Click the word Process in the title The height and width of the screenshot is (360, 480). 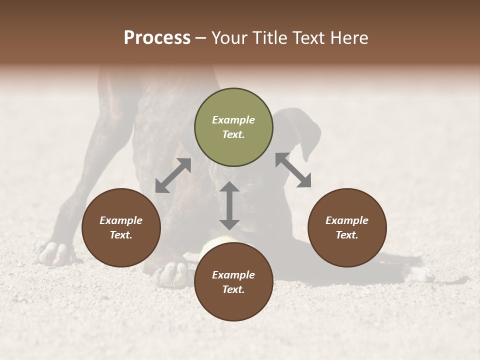pyautogui.click(x=157, y=38)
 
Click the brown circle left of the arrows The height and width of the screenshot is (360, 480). pyautogui.click(x=121, y=227)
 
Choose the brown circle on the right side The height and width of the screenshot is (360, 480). pyautogui.click(x=347, y=227)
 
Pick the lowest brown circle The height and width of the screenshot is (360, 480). pyautogui.click(x=233, y=282)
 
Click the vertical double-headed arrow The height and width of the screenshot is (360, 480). pyautogui.click(x=229, y=205)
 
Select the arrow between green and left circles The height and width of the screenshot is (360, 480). pyautogui.click(x=173, y=175)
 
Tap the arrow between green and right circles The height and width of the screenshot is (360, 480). pyautogui.click(x=293, y=170)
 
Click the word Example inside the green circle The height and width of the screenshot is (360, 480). pyautogui.click(x=233, y=120)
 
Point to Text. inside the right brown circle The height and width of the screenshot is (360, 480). pyautogui.click(x=347, y=235)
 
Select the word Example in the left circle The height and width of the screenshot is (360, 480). pyautogui.click(x=121, y=220)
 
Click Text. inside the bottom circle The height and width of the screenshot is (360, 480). pyautogui.click(x=233, y=289)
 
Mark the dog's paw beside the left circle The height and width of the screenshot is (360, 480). pyautogui.click(x=55, y=253)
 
